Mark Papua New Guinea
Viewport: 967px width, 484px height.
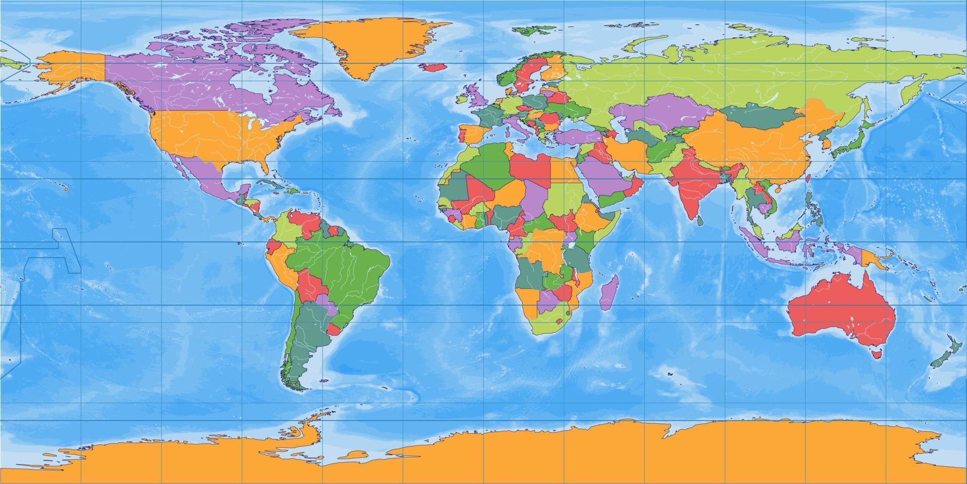pyautogui.click(x=872, y=259)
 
